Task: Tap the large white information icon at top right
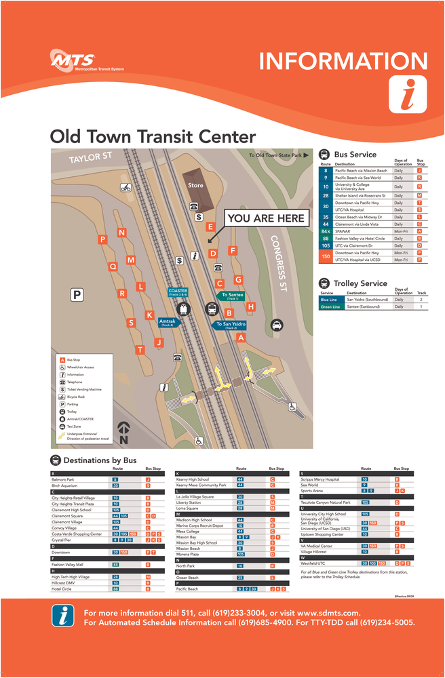tap(407, 95)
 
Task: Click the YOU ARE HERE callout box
tap(266, 218)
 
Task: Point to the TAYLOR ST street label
tap(90, 159)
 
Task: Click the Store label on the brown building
tap(195, 185)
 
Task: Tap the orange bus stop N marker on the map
tap(121, 233)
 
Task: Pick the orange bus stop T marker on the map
tap(140, 350)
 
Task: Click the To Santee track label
tap(233, 296)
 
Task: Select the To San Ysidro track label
tap(231, 325)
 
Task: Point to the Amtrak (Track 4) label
tap(167, 322)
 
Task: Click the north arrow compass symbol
tap(123, 433)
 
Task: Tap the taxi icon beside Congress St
tap(277, 325)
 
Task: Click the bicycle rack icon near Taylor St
tap(125, 188)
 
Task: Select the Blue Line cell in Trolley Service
tap(328, 299)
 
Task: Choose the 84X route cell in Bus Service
tap(326, 231)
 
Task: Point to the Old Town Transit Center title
tap(153, 137)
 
